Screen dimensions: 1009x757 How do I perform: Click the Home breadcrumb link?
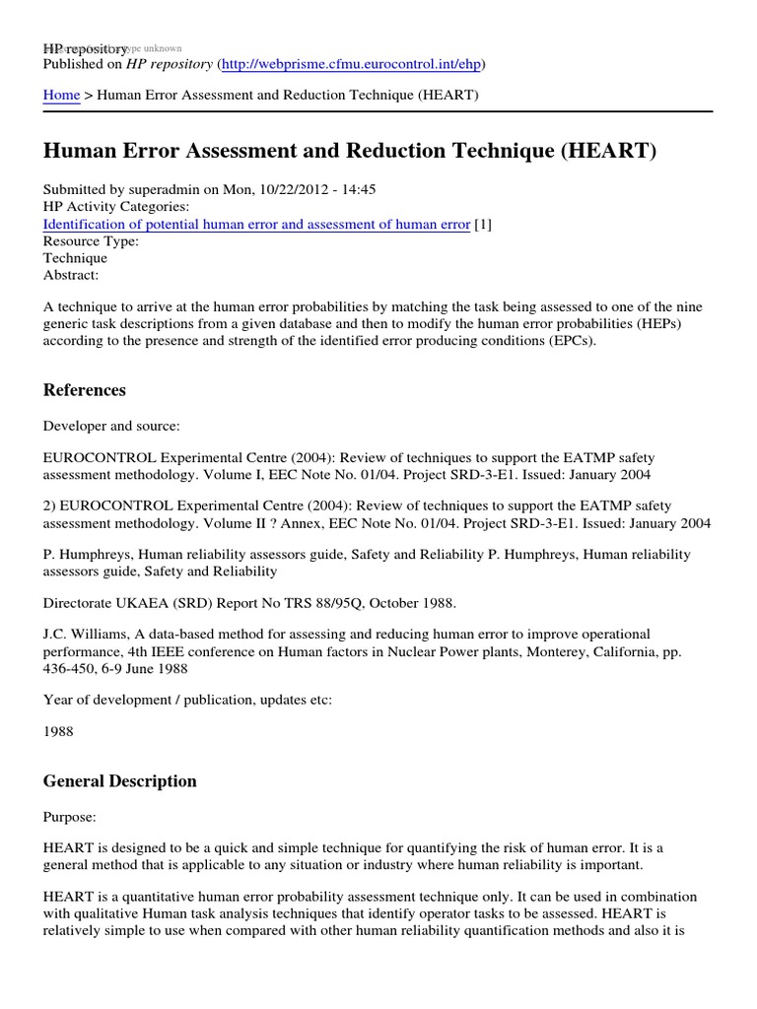click(61, 95)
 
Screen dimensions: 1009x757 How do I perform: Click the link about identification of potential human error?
click(256, 224)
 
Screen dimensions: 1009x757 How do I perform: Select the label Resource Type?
click(91, 240)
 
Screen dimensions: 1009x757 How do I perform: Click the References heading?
click(85, 390)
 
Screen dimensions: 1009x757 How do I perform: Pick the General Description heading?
click(119, 781)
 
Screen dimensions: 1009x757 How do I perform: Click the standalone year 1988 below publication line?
click(59, 734)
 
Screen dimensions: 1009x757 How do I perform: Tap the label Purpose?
click(71, 817)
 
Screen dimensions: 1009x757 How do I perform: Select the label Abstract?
click(71, 275)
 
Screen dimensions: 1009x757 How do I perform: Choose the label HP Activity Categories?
click(116, 207)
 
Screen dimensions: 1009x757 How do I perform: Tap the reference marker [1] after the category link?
click(483, 224)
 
